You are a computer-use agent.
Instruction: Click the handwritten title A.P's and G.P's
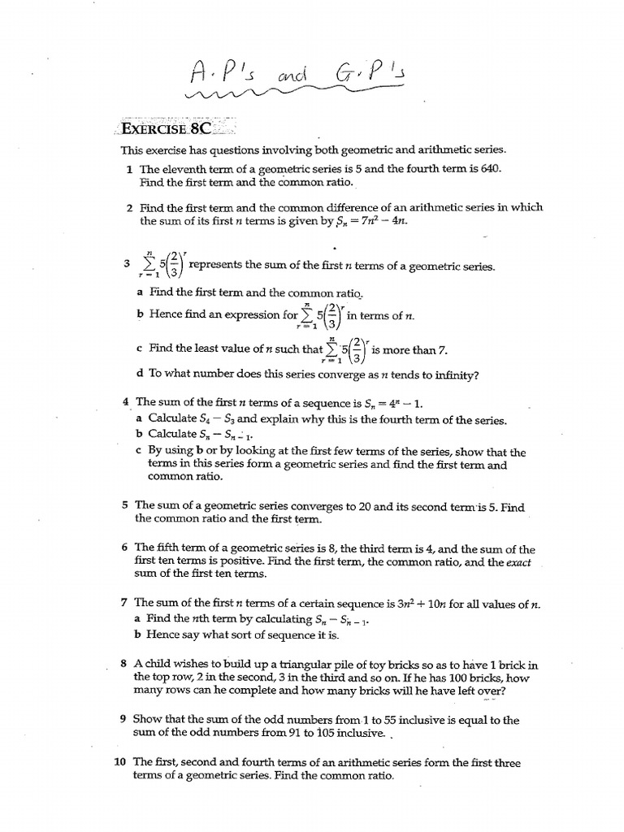point(301,78)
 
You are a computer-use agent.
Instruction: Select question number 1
point(129,169)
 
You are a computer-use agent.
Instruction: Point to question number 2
point(129,208)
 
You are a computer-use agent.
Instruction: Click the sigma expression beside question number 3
point(162,265)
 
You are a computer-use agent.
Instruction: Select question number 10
point(121,763)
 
